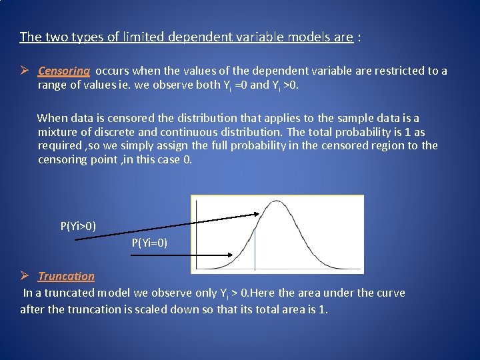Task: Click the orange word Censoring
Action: coord(64,71)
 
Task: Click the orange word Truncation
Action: coord(66,276)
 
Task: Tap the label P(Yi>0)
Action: coord(78,226)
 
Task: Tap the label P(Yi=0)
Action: coord(149,243)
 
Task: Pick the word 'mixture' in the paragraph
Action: coord(57,131)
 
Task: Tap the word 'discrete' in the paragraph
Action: coord(111,131)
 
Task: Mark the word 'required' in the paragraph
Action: coord(59,145)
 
